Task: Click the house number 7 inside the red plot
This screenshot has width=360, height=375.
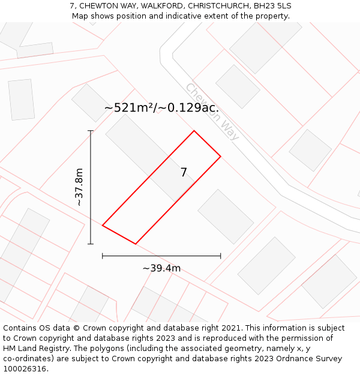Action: [184, 173]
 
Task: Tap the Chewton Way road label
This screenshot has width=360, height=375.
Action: [212, 112]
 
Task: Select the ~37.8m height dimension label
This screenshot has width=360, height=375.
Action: [79, 187]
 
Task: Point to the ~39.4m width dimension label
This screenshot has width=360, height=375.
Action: [161, 268]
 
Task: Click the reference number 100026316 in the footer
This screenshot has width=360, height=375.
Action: [26, 368]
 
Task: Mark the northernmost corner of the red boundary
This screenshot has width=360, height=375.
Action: [194, 131]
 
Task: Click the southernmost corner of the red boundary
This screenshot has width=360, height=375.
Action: [136, 244]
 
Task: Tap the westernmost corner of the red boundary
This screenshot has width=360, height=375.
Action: [103, 226]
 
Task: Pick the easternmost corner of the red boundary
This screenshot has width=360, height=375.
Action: [221, 156]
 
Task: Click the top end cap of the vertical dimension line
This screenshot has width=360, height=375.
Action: [91, 131]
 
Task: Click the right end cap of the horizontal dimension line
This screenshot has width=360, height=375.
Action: [221, 256]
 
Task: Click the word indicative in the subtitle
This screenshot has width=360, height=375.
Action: [189, 16]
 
